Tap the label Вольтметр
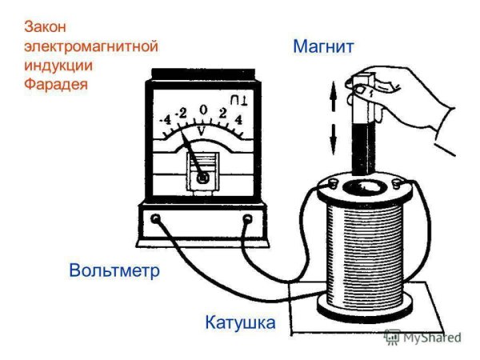[114, 270]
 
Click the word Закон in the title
[47, 28]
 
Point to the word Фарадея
[55, 83]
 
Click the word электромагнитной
[90, 46]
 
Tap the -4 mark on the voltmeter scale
[166, 121]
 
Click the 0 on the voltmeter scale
[205, 110]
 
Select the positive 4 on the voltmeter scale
[238, 121]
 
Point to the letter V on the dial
[202, 127]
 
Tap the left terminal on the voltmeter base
[156, 218]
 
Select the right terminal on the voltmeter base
[248, 218]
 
